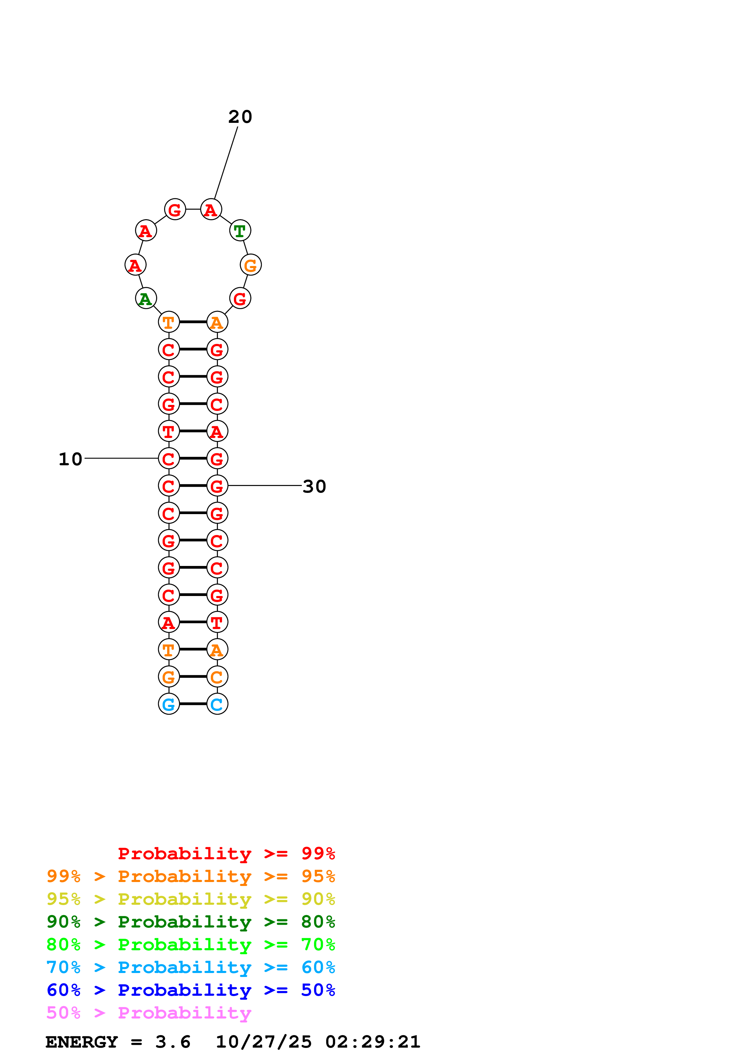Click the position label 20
tap(240, 117)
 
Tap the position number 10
tap(70, 459)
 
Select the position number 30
tap(314, 487)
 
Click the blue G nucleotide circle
tap(169, 704)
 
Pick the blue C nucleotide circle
tap(217, 704)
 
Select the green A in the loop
tap(146, 298)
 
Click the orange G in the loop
tap(251, 265)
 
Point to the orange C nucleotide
tap(217, 677)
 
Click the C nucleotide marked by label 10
tap(169, 459)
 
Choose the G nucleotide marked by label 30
tap(217, 486)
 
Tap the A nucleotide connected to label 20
tap(211, 210)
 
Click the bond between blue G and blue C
tap(193, 704)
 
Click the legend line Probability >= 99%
tap(226, 854)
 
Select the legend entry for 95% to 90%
tap(191, 899)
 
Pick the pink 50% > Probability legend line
tap(149, 1013)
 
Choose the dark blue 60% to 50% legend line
tap(191, 990)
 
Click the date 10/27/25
tap(264, 1042)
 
